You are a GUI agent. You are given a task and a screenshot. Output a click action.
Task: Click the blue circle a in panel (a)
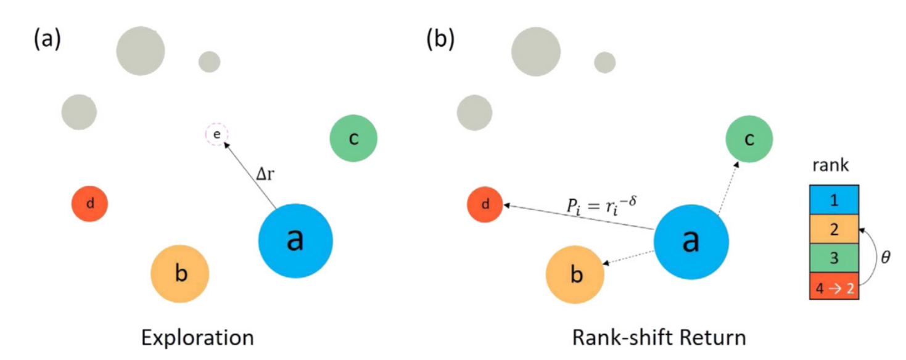click(295, 240)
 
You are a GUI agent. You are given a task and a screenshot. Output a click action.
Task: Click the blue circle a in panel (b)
click(691, 240)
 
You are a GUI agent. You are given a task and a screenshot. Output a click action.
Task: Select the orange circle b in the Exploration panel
click(180, 274)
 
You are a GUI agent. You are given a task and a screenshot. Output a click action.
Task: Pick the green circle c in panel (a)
click(353, 139)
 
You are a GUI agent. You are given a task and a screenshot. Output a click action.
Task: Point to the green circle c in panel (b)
click(749, 139)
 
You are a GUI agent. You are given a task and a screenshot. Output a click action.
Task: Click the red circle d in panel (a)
click(90, 204)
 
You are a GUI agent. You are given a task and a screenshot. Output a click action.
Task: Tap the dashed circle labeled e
click(216, 134)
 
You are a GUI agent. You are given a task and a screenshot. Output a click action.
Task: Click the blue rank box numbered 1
click(834, 201)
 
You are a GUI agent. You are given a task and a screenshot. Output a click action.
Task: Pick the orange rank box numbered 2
click(834, 230)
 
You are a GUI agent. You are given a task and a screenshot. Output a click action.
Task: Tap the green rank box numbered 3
click(834, 258)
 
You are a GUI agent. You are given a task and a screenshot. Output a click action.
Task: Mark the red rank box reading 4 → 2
click(834, 287)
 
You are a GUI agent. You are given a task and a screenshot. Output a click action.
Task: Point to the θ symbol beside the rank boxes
click(885, 257)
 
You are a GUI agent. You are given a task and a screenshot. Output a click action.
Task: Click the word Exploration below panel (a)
click(197, 338)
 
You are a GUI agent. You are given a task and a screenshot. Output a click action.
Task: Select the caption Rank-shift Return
click(659, 338)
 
